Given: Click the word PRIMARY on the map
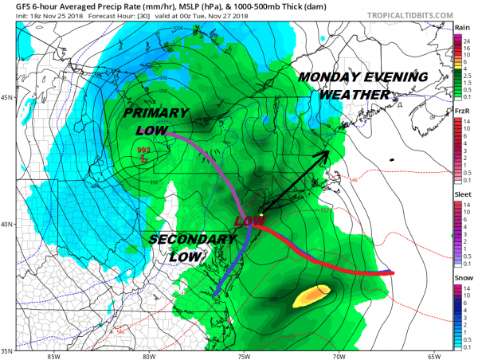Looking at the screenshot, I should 152,114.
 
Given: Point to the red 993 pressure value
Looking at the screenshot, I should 143,150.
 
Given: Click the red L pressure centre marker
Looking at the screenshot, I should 143,159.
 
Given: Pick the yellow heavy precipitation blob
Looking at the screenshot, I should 311,296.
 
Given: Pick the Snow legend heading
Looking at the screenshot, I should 463,276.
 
